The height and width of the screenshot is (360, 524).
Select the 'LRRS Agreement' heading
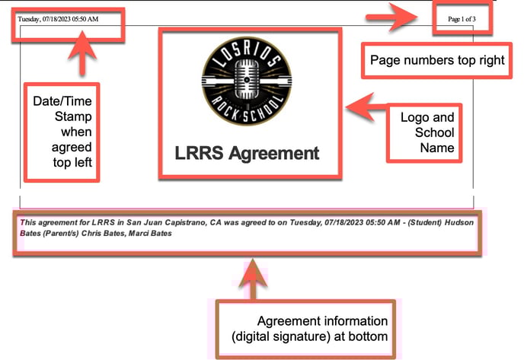pos(247,153)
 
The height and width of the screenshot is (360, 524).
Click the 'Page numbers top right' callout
pos(437,61)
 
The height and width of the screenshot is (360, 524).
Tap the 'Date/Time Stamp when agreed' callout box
pos(62,131)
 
